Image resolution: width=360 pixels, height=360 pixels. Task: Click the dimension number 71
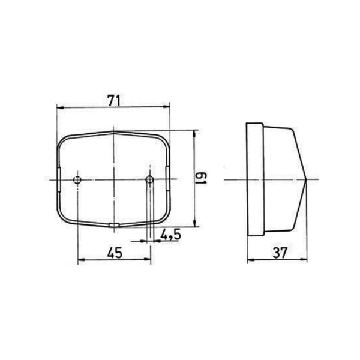[115, 100]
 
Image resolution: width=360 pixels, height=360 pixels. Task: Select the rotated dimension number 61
[201, 178]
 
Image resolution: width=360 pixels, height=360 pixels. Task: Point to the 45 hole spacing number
[115, 253]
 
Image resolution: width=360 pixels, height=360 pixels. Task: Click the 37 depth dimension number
[280, 253]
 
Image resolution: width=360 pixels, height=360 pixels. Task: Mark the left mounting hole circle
[77, 179]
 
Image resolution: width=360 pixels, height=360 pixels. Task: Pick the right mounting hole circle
[149, 179]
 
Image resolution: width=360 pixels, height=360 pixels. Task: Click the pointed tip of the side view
[307, 179]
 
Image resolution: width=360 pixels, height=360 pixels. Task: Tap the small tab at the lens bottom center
[114, 225]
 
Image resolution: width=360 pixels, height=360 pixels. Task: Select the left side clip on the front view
[58, 180]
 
